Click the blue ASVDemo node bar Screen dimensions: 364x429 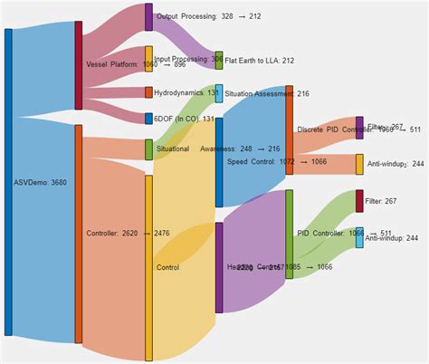(x=8, y=181)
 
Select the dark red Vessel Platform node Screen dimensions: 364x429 (x=79, y=65)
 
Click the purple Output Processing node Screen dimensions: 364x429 (x=148, y=16)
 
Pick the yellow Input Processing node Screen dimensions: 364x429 (x=148, y=61)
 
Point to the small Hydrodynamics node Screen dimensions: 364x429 (x=148, y=92)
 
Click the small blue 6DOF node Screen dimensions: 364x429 (x=148, y=119)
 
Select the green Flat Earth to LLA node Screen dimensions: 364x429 (x=219, y=61)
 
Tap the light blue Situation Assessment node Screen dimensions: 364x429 (x=219, y=93)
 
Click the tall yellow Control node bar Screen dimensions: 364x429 (x=148, y=267)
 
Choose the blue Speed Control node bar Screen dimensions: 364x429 (x=219, y=161)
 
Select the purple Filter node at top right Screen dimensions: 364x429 (x=359, y=128)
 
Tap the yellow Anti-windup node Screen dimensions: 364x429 (x=359, y=164)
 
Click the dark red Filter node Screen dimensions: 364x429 (x=359, y=201)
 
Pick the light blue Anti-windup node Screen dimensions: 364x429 (x=359, y=237)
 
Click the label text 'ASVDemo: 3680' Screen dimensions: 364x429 (x=40, y=182)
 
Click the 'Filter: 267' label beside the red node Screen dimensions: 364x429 (x=386, y=201)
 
